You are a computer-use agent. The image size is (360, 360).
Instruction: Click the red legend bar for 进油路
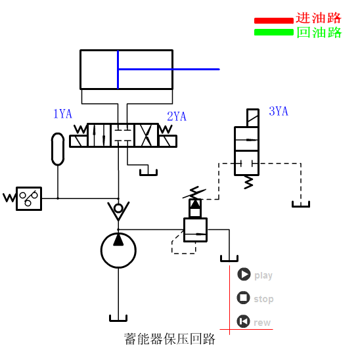273,20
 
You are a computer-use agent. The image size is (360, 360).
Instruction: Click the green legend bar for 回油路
273,32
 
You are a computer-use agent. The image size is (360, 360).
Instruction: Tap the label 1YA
62,114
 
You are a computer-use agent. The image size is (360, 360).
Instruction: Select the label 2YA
177,117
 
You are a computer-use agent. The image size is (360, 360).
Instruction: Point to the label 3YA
279,112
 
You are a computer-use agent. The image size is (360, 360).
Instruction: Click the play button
244,275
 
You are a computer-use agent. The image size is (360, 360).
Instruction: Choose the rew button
244,321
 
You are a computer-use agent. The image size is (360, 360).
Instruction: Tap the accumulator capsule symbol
58,148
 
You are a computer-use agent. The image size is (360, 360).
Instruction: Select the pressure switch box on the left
28,198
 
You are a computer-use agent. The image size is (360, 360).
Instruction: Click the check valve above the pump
118,210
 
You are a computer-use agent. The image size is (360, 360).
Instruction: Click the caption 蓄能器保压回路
169,340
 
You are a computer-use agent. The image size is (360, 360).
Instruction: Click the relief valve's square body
195,230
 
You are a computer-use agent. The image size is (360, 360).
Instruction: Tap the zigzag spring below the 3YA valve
248,182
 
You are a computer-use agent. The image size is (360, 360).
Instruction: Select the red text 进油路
319,19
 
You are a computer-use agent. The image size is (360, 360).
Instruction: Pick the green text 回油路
319,32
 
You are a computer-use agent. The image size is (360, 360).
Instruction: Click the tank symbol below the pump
118,319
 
